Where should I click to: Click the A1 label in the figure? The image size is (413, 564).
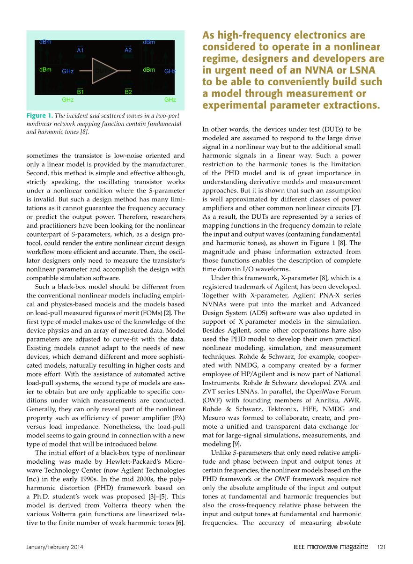point(80,49)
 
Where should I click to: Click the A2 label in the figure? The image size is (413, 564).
point(128,49)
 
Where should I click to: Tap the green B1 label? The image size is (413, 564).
point(80,92)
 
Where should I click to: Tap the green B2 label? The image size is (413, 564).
point(128,92)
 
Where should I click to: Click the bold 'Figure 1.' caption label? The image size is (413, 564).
point(40,116)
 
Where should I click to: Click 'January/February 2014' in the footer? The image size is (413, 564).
point(52,547)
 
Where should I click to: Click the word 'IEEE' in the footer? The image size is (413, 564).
point(300,547)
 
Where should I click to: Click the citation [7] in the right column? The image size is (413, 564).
point(356,208)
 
